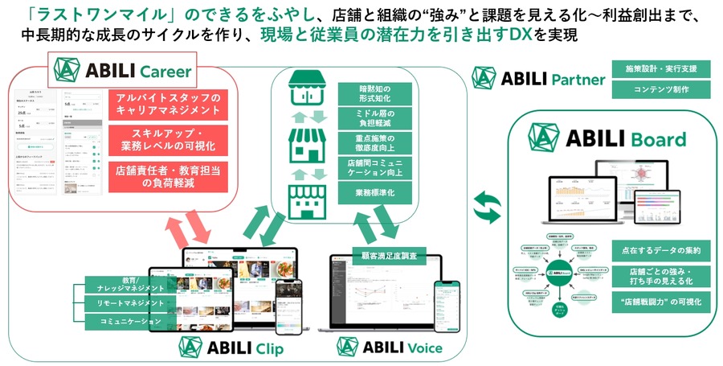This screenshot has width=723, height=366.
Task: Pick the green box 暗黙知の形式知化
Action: tap(368, 94)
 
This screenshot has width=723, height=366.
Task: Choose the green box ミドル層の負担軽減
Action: tap(368, 119)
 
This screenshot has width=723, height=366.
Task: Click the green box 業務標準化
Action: tap(368, 193)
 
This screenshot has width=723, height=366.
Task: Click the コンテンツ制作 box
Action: tap(651, 89)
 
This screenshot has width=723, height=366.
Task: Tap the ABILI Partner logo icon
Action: tap(484, 77)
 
